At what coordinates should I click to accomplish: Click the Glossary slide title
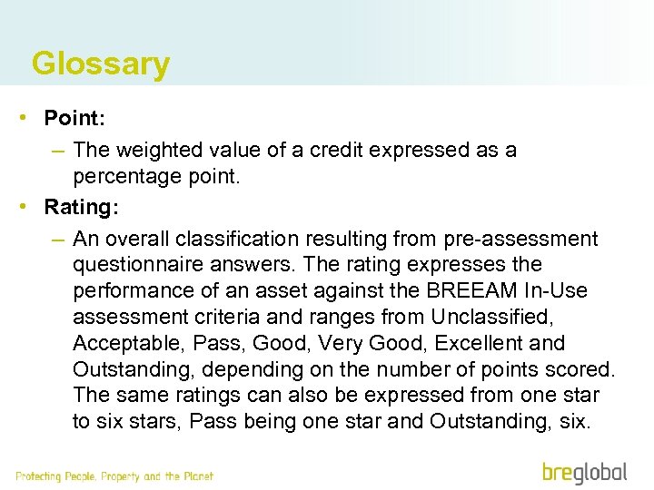(100, 64)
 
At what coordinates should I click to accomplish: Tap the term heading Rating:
(82, 207)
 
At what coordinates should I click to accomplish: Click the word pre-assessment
(520, 239)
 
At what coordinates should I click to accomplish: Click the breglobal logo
(584, 473)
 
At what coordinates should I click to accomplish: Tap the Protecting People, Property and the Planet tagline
(114, 476)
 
